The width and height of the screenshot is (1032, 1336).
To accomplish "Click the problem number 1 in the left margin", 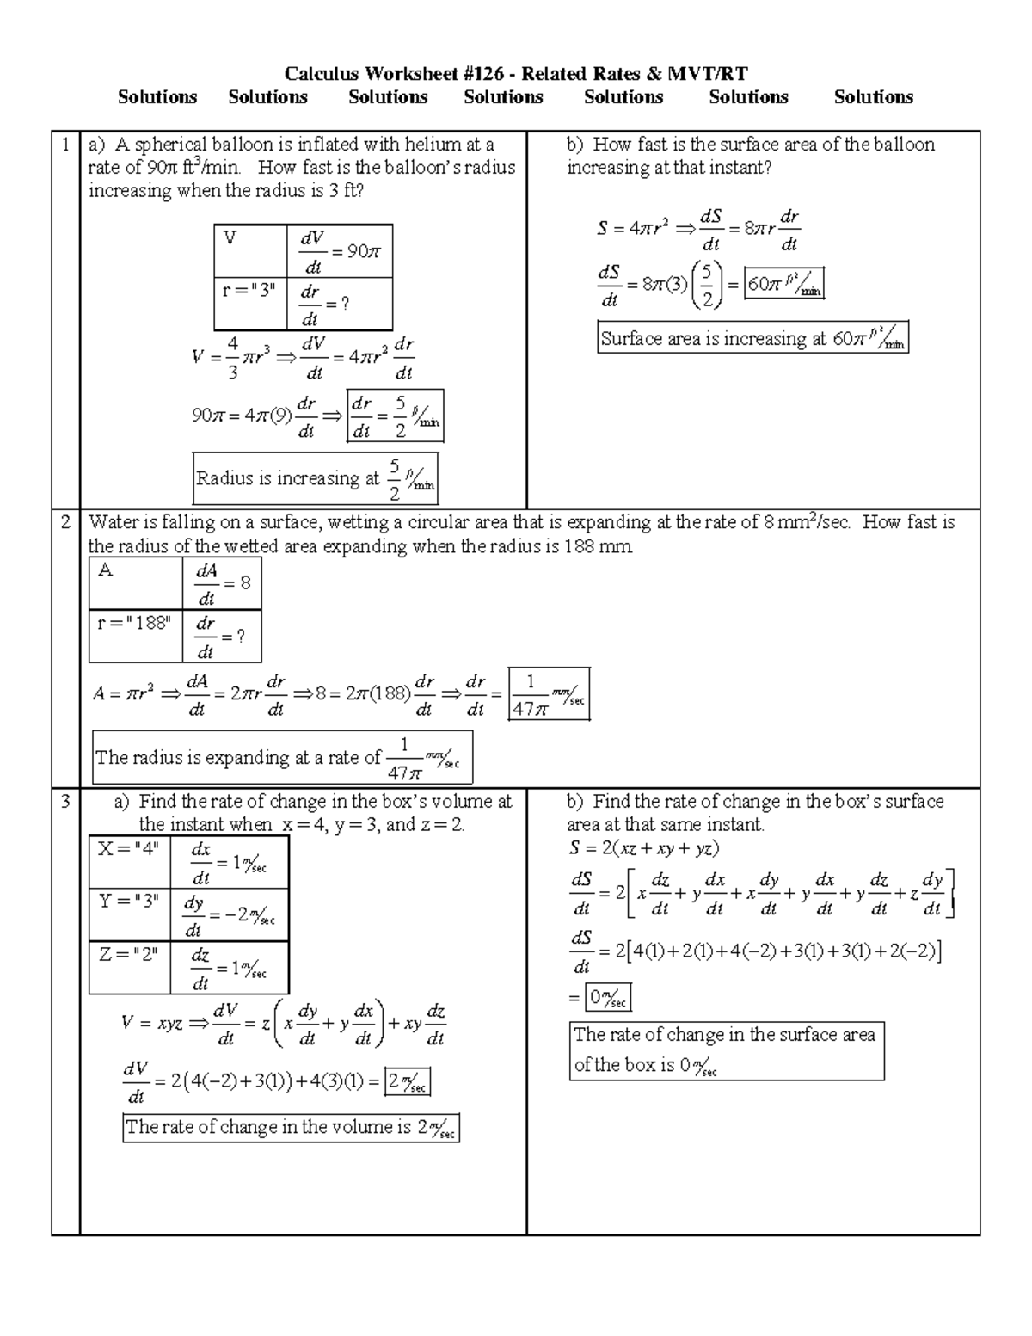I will (x=65, y=145).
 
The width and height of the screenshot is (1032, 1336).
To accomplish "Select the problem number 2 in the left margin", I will (x=65, y=522).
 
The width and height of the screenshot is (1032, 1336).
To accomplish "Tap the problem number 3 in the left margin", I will (x=65, y=801).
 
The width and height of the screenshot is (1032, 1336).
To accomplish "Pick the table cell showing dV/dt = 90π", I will (x=340, y=251).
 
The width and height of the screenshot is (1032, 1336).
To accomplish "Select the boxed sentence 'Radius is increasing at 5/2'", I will (x=315, y=478).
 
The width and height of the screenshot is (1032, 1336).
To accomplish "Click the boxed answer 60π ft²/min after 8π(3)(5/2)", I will (x=784, y=284).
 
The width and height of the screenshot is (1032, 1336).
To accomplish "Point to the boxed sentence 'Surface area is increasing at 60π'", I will (x=752, y=338).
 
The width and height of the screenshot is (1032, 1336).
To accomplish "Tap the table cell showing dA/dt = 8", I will (x=222, y=584).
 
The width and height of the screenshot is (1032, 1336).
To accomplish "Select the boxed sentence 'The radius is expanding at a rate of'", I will (x=281, y=758).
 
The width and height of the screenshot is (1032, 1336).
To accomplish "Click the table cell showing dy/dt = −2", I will (x=229, y=915).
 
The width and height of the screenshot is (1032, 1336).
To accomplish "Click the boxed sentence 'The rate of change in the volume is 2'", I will (x=291, y=1128).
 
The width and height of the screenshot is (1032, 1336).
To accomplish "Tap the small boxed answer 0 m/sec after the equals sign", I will (x=608, y=998).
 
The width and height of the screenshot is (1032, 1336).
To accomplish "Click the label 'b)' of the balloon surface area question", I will (x=575, y=145).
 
